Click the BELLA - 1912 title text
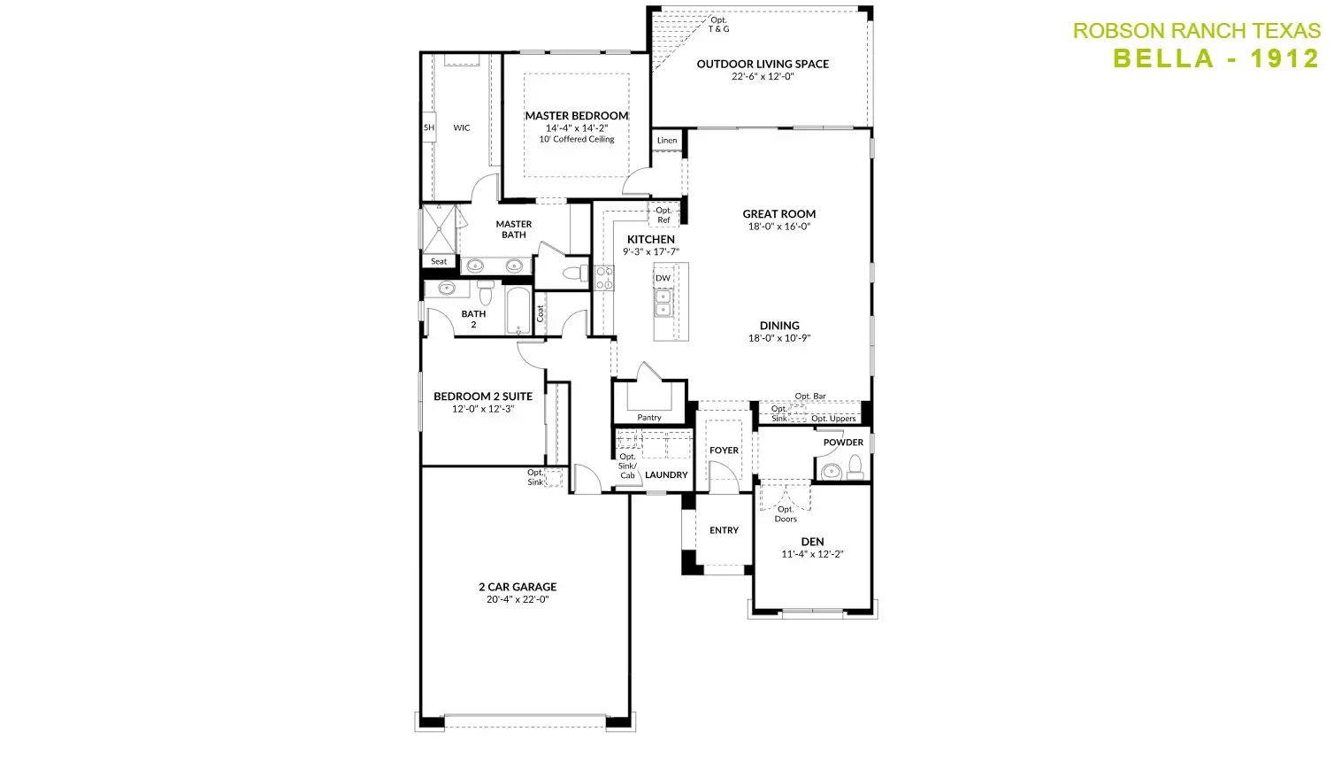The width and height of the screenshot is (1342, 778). [x=1215, y=58]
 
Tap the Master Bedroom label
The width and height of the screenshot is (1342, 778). [x=576, y=115]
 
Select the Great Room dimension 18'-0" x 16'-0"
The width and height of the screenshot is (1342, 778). [x=778, y=226]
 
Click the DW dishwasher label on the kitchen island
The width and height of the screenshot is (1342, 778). [x=663, y=278]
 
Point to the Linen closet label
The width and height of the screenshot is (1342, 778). [x=667, y=140]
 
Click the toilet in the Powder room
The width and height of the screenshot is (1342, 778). [x=855, y=467]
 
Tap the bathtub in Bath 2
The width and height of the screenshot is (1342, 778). [x=518, y=311]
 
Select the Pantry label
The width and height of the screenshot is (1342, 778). [x=648, y=417]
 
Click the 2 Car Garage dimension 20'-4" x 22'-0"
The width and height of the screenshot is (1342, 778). [x=518, y=599]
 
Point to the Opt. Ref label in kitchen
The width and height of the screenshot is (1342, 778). [x=663, y=215]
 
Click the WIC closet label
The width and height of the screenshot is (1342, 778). [x=461, y=127]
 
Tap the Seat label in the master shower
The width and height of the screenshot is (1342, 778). [x=439, y=261]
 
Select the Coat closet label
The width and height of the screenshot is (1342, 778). [x=540, y=313]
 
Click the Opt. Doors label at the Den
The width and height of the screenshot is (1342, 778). [x=786, y=514]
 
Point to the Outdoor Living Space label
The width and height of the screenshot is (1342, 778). [x=763, y=64]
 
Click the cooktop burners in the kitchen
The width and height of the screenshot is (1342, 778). [x=604, y=279]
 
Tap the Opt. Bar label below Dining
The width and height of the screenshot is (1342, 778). [x=810, y=397]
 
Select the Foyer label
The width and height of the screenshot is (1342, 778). [x=724, y=451]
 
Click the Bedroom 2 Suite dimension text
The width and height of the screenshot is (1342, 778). [x=483, y=409]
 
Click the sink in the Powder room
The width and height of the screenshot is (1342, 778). [x=831, y=472]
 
